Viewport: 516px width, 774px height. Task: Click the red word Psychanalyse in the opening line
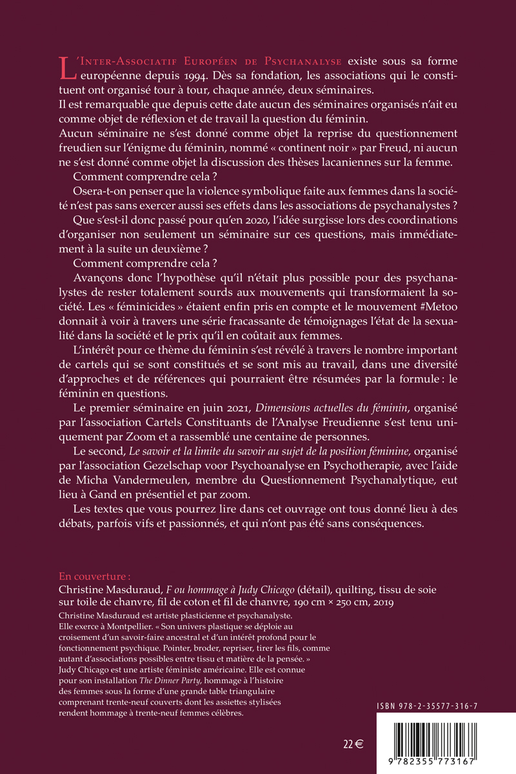pyautogui.click(x=303, y=61)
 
